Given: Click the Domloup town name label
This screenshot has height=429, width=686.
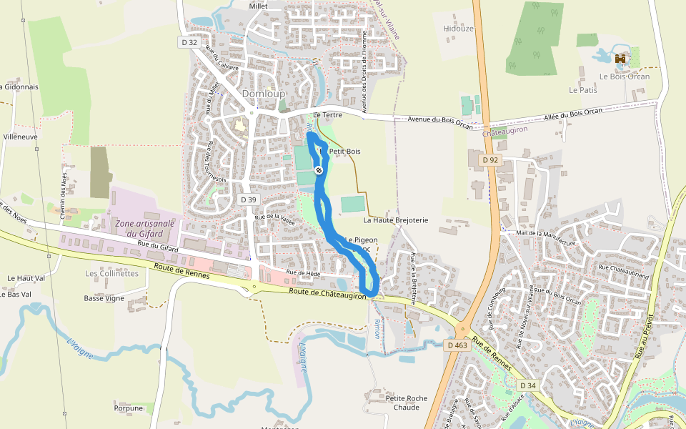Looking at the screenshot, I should (263, 94).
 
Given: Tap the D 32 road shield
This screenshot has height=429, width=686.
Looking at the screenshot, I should (189, 42).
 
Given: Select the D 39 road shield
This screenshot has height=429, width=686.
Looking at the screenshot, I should (248, 199).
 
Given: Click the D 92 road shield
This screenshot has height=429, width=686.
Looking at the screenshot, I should (489, 160).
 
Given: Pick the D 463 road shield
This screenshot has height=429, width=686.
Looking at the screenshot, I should (457, 345).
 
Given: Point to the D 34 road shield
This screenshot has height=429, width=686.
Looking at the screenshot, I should (527, 385).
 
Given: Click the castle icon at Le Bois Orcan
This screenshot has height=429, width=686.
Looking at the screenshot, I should (620, 59).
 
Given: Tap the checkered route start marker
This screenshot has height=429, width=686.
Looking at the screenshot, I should (318, 170).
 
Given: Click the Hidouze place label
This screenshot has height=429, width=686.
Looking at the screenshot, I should (458, 29).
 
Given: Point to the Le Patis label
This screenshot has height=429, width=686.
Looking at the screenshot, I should (582, 91).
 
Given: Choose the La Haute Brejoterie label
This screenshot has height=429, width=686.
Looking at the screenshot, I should (396, 220).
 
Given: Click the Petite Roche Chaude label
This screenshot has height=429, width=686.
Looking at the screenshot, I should (406, 403).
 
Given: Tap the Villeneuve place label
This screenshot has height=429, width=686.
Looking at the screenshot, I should (21, 136).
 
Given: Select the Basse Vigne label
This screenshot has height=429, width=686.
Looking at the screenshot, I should (104, 298).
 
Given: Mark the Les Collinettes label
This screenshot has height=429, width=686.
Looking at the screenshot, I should (111, 273).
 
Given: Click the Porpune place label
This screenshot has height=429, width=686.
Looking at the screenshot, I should (128, 408).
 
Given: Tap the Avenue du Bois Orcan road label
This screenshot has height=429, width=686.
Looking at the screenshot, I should (440, 121).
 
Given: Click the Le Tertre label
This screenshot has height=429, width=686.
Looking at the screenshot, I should (327, 114).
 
